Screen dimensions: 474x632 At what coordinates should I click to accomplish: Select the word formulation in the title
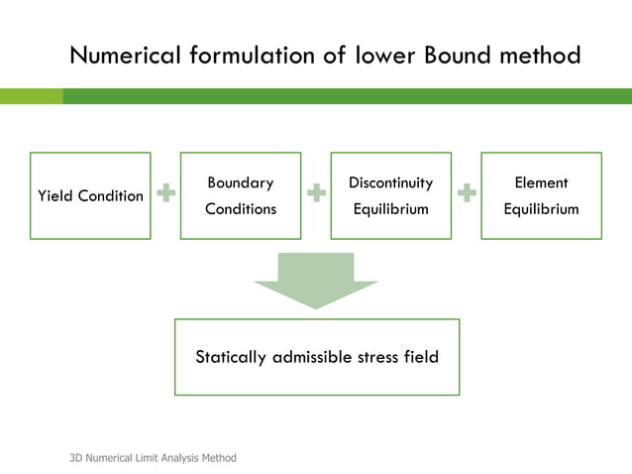[x=249, y=56]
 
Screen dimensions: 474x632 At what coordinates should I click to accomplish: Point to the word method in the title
[x=545, y=56]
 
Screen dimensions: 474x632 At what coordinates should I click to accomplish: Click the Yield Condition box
[x=90, y=195]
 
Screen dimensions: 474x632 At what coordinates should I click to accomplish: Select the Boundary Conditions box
[x=241, y=195]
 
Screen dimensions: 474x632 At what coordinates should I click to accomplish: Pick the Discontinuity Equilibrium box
[x=390, y=195]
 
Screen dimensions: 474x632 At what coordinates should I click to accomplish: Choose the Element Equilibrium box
[x=541, y=195]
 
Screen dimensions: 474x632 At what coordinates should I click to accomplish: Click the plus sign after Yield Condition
[x=165, y=194]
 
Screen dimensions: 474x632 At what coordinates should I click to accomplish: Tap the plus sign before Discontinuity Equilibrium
[x=316, y=194]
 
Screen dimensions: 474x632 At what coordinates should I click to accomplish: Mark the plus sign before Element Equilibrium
[x=467, y=194]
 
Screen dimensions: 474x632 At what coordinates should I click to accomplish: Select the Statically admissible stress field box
[x=317, y=357]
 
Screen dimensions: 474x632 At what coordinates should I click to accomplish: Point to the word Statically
[x=231, y=357]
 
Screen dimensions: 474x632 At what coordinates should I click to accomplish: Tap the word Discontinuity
[x=390, y=182]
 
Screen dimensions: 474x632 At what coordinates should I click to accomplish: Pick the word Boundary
[x=241, y=182]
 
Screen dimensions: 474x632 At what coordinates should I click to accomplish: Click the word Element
[x=541, y=182]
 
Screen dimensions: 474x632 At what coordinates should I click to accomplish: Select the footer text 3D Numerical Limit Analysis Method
[x=153, y=457]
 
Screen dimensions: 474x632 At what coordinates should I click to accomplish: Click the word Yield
[x=54, y=195]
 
